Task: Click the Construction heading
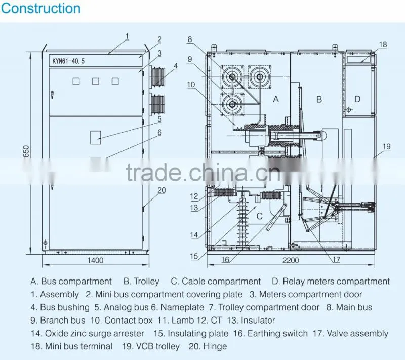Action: (x=41, y=8)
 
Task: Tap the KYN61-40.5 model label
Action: (x=68, y=61)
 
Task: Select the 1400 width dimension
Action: (x=95, y=260)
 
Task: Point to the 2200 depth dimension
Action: (x=291, y=260)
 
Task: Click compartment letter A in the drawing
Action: (x=276, y=99)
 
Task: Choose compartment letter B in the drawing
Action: (x=319, y=99)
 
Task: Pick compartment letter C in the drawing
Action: (x=260, y=216)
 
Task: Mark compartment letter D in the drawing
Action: (x=357, y=99)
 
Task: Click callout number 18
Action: (x=383, y=45)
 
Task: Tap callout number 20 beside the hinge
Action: (x=161, y=190)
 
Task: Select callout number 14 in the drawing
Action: (x=194, y=235)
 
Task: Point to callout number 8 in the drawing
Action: (x=190, y=39)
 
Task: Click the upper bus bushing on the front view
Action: (x=157, y=76)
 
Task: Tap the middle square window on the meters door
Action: (x=96, y=82)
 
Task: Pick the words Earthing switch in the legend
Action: (x=277, y=333)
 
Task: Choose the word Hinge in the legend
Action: (x=215, y=346)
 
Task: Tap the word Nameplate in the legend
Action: (x=182, y=307)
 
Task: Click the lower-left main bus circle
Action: (x=232, y=104)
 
